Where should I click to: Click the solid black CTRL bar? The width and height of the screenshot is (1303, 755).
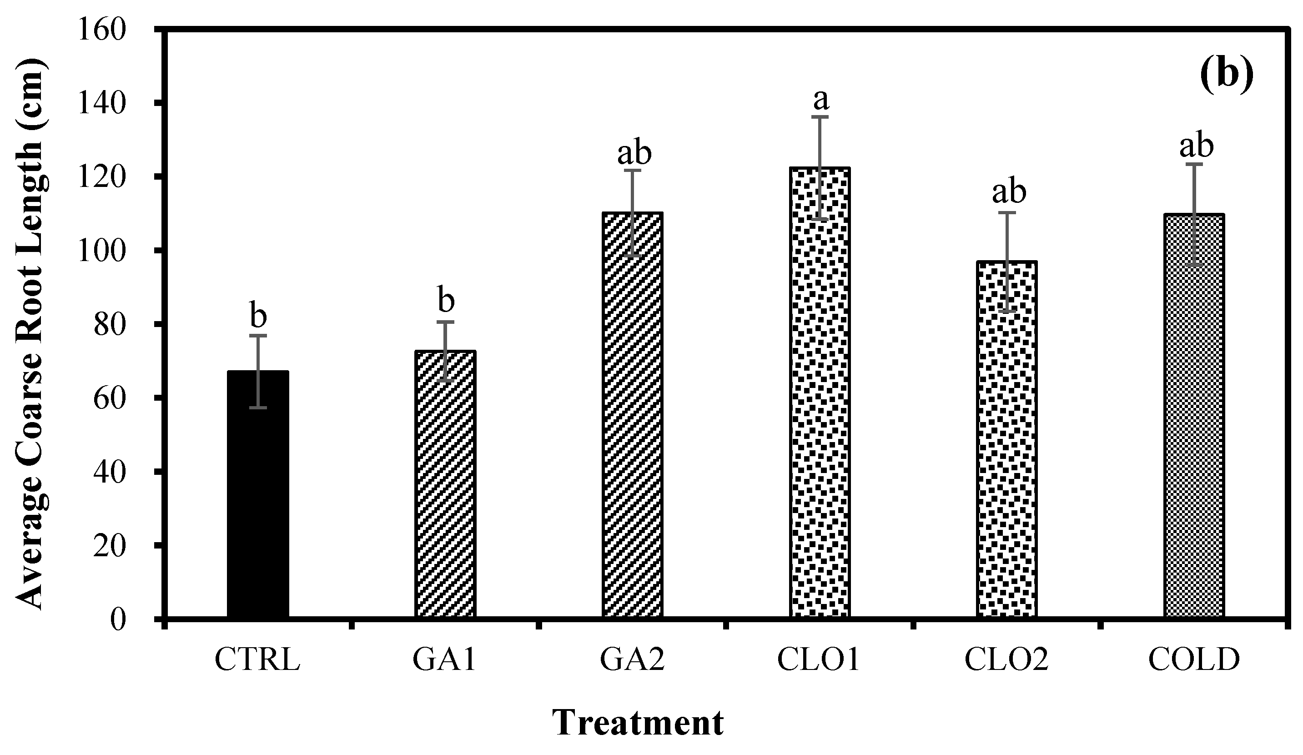pos(257,497)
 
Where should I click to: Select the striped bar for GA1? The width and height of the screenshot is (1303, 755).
pos(445,486)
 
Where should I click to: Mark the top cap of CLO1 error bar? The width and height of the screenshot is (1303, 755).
pos(820,117)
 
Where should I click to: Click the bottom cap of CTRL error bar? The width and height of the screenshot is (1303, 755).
pos(257,408)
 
